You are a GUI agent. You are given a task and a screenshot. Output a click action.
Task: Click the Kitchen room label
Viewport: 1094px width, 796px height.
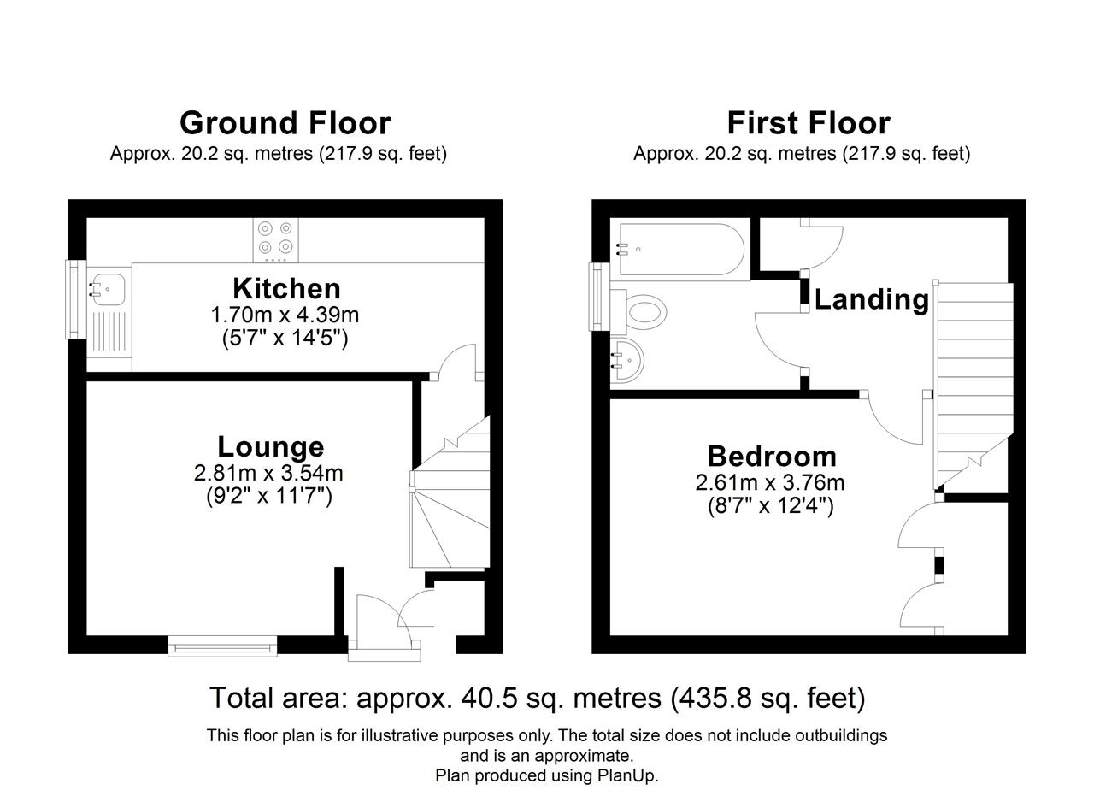point(286,288)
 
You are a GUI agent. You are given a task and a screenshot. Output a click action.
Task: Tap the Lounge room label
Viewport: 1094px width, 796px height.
point(271,446)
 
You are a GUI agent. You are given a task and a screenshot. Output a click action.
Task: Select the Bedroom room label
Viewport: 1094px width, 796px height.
point(772,457)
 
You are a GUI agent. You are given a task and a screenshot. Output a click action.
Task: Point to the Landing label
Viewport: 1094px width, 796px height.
point(871,300)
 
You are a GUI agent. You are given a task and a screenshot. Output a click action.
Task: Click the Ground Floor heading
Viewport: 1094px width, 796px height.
point(285,122)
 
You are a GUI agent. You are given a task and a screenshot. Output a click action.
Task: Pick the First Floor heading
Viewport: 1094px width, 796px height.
point(809,122)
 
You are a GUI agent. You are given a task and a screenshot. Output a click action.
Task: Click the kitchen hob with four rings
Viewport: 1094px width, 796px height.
point(275,240)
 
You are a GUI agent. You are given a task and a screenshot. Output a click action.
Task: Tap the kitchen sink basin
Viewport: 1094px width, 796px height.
point(109,289)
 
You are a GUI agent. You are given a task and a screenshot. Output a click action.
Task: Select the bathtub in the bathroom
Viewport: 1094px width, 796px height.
point(682,249)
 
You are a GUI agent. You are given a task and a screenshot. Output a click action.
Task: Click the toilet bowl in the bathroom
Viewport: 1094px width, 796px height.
point(644,311)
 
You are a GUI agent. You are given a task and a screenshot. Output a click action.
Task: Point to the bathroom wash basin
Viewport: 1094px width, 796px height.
point(629,361)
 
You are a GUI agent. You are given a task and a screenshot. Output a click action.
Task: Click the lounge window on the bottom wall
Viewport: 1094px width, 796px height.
point(223,646)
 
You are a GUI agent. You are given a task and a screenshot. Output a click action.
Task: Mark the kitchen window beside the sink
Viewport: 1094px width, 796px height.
point(74,299)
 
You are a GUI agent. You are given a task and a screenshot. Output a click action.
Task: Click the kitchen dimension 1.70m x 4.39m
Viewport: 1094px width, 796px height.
point(285,315)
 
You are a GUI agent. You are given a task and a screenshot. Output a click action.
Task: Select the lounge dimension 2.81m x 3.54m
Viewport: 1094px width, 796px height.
point(268,473)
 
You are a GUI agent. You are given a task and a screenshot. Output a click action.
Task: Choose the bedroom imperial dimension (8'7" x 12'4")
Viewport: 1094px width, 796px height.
point(770,506)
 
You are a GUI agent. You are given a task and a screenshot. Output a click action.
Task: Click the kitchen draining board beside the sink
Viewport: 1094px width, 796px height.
point(109,332)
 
